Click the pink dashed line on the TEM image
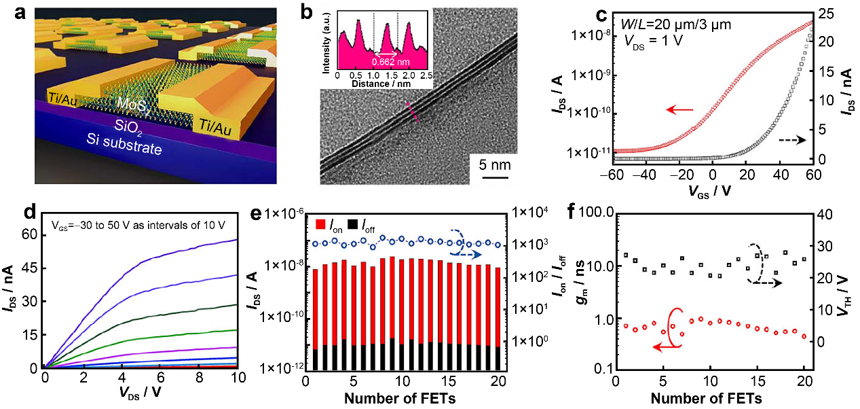[x=412, y=111]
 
